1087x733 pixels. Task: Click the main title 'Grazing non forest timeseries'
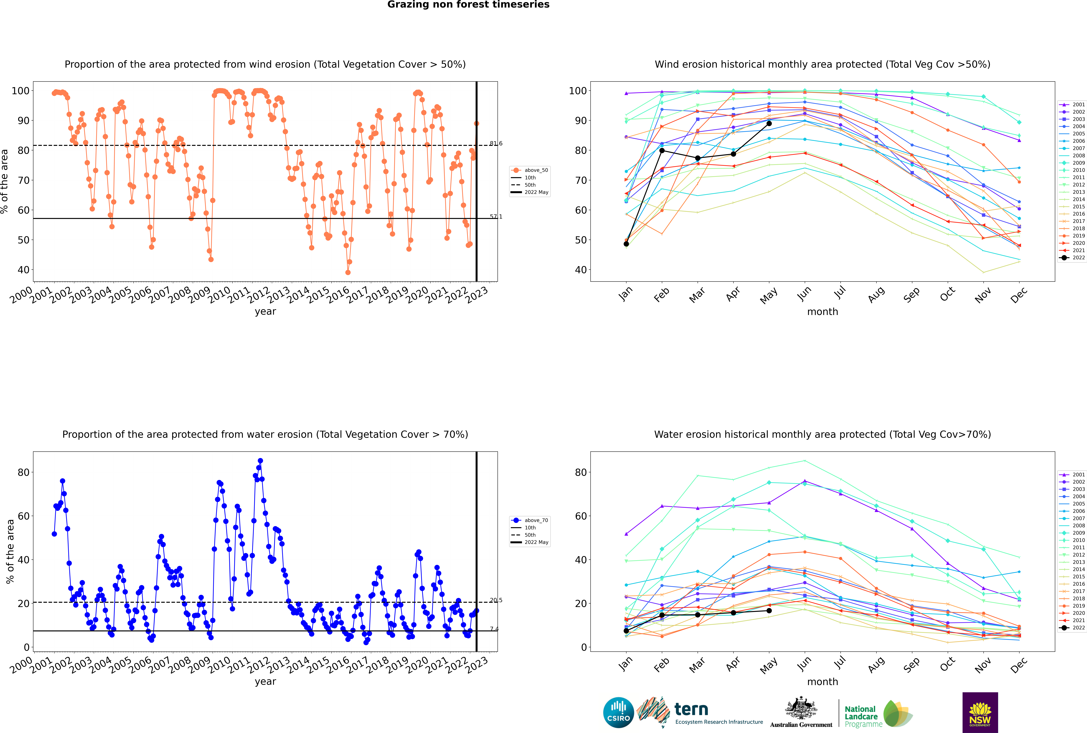[468, 5]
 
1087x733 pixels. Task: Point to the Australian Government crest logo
[801, 712]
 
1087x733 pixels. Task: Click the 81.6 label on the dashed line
[496, 144]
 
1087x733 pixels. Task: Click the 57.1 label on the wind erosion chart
[496, 216]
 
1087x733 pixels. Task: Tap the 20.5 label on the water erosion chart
[496, 600]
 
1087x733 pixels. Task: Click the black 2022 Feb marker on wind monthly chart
[662, 150]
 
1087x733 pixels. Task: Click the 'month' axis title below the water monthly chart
[822, 682]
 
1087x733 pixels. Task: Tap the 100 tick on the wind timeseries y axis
[21, 91]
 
